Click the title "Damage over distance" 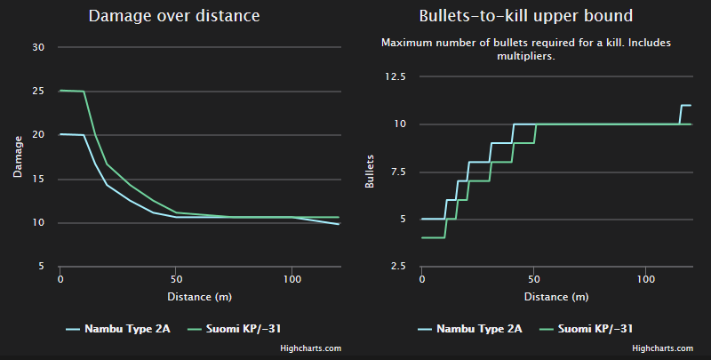point(175,16)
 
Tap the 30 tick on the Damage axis point(38,47)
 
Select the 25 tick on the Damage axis point(38,91)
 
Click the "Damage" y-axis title point(17,156)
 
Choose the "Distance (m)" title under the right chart point(555,296)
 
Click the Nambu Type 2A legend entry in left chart point(117,329)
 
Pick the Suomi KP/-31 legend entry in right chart point(597,329)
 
